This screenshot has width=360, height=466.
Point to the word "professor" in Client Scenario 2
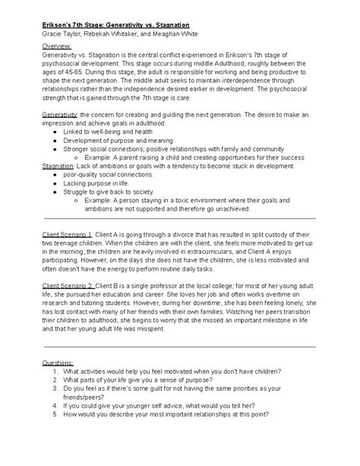pyautogui.click(x=169, y=285)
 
